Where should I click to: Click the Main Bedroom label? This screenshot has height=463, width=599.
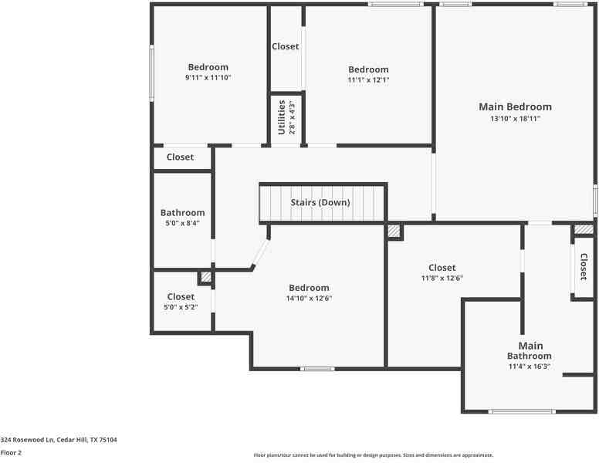[515, 107]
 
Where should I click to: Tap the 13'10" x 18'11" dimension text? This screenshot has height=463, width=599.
[515, 119]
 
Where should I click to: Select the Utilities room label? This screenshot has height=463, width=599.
[282, 117]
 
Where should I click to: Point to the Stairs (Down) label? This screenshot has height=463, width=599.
[320, 203]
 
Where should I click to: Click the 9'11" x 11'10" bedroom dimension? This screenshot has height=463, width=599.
[208, 78]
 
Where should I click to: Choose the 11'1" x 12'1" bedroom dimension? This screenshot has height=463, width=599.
[368, 80]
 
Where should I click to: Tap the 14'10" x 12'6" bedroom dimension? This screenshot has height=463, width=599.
[309, 299]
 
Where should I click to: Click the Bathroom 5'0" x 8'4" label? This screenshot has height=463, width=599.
[182, 213]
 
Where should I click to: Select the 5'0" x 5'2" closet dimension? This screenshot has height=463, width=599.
[181, 307]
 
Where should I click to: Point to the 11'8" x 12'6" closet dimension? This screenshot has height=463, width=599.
[442, 279]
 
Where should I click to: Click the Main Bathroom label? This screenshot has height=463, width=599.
[530, 351]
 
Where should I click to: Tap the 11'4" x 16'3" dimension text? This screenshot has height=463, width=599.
[530, 367]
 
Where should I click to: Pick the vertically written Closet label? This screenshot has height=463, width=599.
[584, 267]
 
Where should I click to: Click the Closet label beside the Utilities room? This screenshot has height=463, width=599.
[285, 47]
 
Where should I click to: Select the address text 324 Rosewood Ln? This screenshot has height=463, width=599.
[59, 439]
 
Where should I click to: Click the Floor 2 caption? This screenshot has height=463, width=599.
[11, 452]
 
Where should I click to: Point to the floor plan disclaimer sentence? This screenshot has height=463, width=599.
[373, 455]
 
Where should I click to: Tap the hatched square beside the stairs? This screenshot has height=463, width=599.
[394, 231]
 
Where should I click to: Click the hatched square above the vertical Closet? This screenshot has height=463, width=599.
[584, 229]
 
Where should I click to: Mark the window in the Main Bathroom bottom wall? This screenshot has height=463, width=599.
[522, 411]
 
